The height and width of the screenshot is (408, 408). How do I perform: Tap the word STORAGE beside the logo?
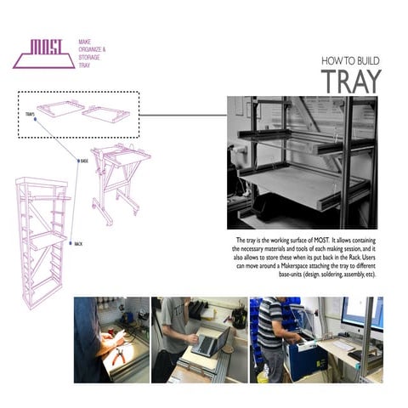coord(91,59)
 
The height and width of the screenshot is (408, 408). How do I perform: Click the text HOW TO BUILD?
coord(350,61)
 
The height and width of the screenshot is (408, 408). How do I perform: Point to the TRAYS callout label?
coord(29,113)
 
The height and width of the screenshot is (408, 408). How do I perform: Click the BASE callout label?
coord(84,161)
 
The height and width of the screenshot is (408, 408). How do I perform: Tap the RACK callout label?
coord(77,244)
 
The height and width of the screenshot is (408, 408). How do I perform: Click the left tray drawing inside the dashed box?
coord(60,109)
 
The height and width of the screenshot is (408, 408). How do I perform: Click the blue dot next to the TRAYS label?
coord(35,120)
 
